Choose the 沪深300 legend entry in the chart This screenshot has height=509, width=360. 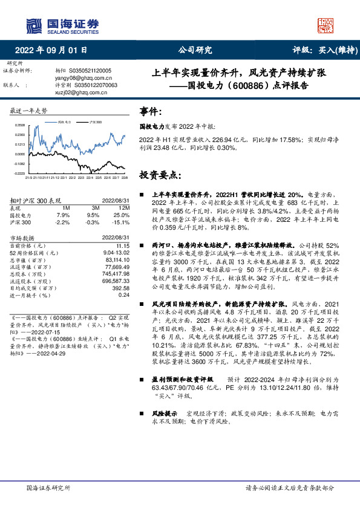tap(94, 122)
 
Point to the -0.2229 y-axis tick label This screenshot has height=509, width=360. tap(19, 173)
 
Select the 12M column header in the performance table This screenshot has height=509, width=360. tap(125, 207)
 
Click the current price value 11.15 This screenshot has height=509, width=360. tap(123, 246)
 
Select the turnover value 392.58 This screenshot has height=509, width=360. tap(121, 287)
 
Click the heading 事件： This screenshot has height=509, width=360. tap(151, 112)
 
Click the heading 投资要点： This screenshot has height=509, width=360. tap(160, 175)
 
